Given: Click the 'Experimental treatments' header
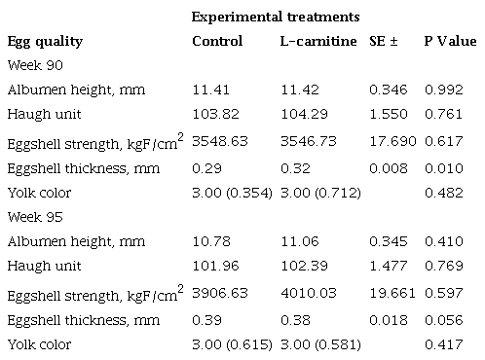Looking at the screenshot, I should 276,18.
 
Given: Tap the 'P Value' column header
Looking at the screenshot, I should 450,42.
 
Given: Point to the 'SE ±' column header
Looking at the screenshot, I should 387,42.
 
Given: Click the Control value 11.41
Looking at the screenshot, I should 210,90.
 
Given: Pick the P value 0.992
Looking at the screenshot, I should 442,90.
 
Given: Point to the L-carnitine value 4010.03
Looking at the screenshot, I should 304,293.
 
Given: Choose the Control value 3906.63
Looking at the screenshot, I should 216,293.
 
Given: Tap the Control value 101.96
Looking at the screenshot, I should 212,266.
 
